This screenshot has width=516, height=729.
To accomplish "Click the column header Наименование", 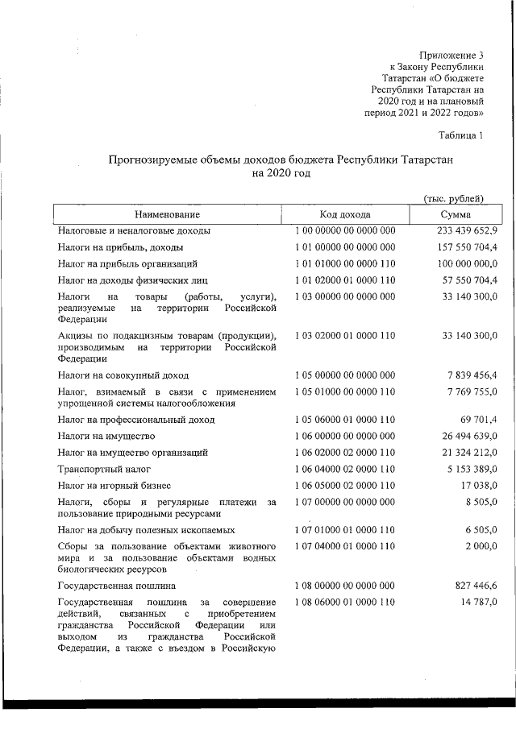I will pyautogui.click(x=167, y=214).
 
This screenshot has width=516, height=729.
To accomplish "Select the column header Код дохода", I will pyautogui.click(x=344, y=214).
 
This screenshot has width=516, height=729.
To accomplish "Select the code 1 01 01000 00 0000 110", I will pyautogui.click(x=345, y=263).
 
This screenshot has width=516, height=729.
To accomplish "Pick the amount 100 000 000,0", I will pyautogui.click(x=462, y=263).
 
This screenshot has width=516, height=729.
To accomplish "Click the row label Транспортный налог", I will pyautogui.click(x=99, y=468).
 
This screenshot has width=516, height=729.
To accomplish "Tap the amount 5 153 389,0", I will pyautogui.click(x=467, y=468).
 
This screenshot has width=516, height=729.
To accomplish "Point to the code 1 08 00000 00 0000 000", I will pyautogui.click(x=345, y=586).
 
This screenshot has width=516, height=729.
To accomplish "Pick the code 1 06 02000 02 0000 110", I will pyautogui.click(x=345, y=452).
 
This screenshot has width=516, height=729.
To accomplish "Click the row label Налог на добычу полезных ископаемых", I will pyautogui.click(x=147, y=530).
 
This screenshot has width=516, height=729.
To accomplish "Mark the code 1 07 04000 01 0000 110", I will pyautogui.click(x=345, y=547).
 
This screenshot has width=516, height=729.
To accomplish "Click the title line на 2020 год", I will pyautogui.click(x=281, y=173).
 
